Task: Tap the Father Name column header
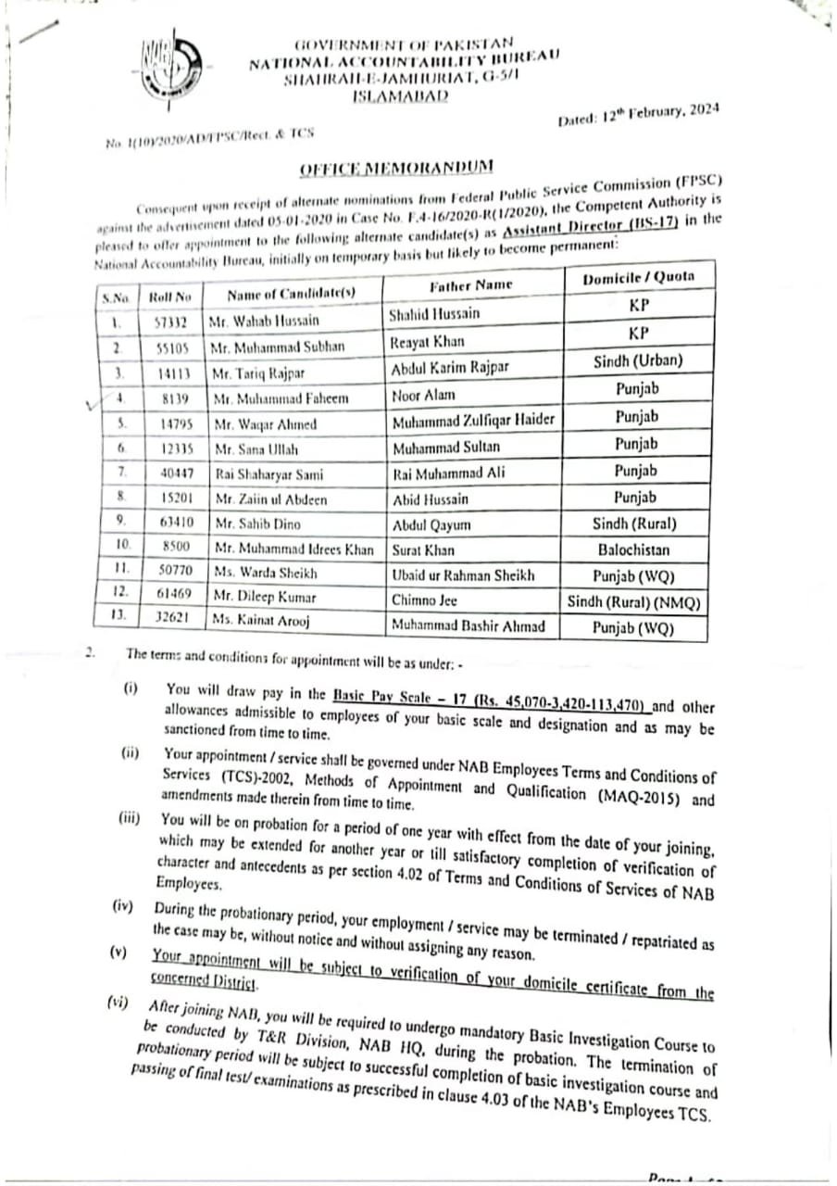[470, 285]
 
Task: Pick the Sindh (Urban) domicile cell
[638, 360]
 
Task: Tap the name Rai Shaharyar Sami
[269, 474]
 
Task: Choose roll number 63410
[176, 524]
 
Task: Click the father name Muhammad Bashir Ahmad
[467, 626]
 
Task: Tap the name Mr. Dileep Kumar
[265, 599]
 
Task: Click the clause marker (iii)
[131, 818]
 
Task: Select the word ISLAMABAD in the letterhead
[400, 95]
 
